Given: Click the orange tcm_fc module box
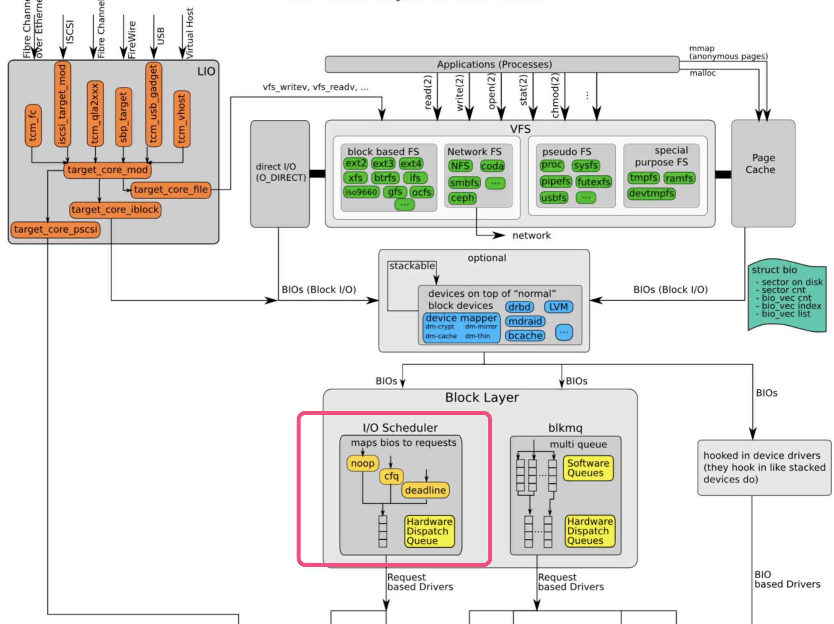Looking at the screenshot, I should click(33, 125).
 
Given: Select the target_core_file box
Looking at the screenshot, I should click(171, 190).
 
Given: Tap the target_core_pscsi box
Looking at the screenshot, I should click(55, 229).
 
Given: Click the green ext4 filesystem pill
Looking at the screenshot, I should click(411, 164).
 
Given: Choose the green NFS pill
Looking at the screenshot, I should click(460, 166).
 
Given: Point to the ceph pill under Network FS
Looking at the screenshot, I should click(462, 198).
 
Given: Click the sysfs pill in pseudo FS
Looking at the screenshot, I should click(585, 165).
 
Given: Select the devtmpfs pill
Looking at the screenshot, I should click(651, 194).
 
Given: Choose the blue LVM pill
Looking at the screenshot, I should click(558, 307).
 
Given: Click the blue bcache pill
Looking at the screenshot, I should click(525, 335).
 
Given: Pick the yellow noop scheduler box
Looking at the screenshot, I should click(362, 463).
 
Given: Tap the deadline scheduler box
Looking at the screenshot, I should click(425, 490).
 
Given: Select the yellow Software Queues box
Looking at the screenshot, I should click(588, 468).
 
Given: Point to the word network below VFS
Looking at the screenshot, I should click(531, 235).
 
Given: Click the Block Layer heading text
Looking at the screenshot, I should click(482, 398).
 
